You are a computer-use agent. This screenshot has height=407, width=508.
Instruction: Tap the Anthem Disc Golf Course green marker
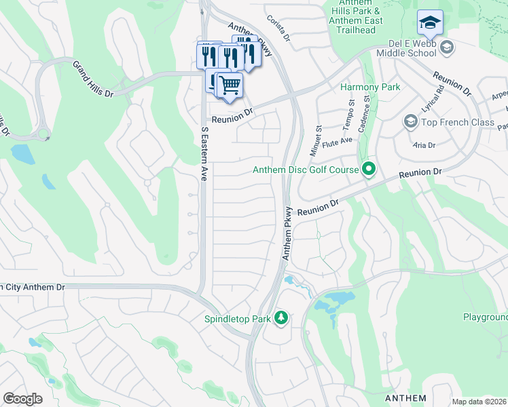pyautogui.click(x=369, y=169)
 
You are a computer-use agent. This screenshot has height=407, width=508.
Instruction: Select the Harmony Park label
pyautogui.click(x=370, y=88)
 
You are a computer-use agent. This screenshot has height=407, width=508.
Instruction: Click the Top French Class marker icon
pyautogui.click(x=410, y=122)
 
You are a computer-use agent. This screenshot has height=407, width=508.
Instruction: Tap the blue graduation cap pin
pyautogui.click(x=429, y=24)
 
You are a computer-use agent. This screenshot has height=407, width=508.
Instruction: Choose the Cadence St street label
pyautogui.click(x=366, y=108)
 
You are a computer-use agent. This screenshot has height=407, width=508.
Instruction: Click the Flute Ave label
pyautogui.click(x=338, y=141)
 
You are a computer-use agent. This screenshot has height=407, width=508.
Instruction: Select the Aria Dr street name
pyautogui.click(x=424, y=145)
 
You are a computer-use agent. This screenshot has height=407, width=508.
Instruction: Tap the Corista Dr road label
pyautogui.click(x=278, y=29)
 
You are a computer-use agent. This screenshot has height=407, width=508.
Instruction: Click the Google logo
pyautogui.click(x=22, y=399)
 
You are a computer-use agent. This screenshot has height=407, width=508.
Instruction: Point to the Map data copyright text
pyautogui.click(x=479, y=402)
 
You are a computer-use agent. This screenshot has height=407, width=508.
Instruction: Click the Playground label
pyautogui.click(x=485, y=317)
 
